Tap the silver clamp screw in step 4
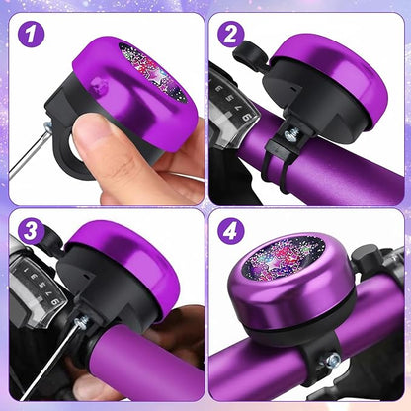pos(332,360)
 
